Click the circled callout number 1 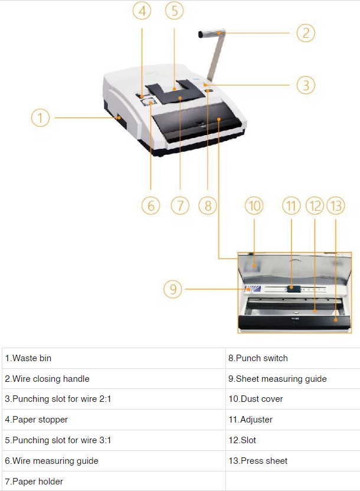pyautogui.click(x=40, y=118)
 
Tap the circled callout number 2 pyautogui.click(x=305, y=32)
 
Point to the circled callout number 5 pyautogui.click(x=174, y=11)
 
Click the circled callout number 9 pyautogui.click(x=173, y=289)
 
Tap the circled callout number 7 pyautogui.click(x=179, y=205)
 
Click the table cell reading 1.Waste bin pyautogui.click(x=113, y=358)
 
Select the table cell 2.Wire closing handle pyautogui.click(x=113, y=378)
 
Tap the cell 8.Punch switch pyautogui.click(x=292, y=358)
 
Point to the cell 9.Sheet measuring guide pyautogui.click(x=292, y=378)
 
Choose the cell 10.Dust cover pyautogui.click(x=292, y=399)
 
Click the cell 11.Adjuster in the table pyautogui.click(x=292, y=420)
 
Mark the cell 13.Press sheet pyautogui.click(x=292, y=460)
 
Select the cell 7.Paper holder pyautogui.click(x=113, y=481)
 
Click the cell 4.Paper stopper pyautogui.click(x=113, y=420)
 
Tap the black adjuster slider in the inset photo pyautogui.click(x=292, y=288)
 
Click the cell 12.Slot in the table pyautogui.click(x=292, y=440)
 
